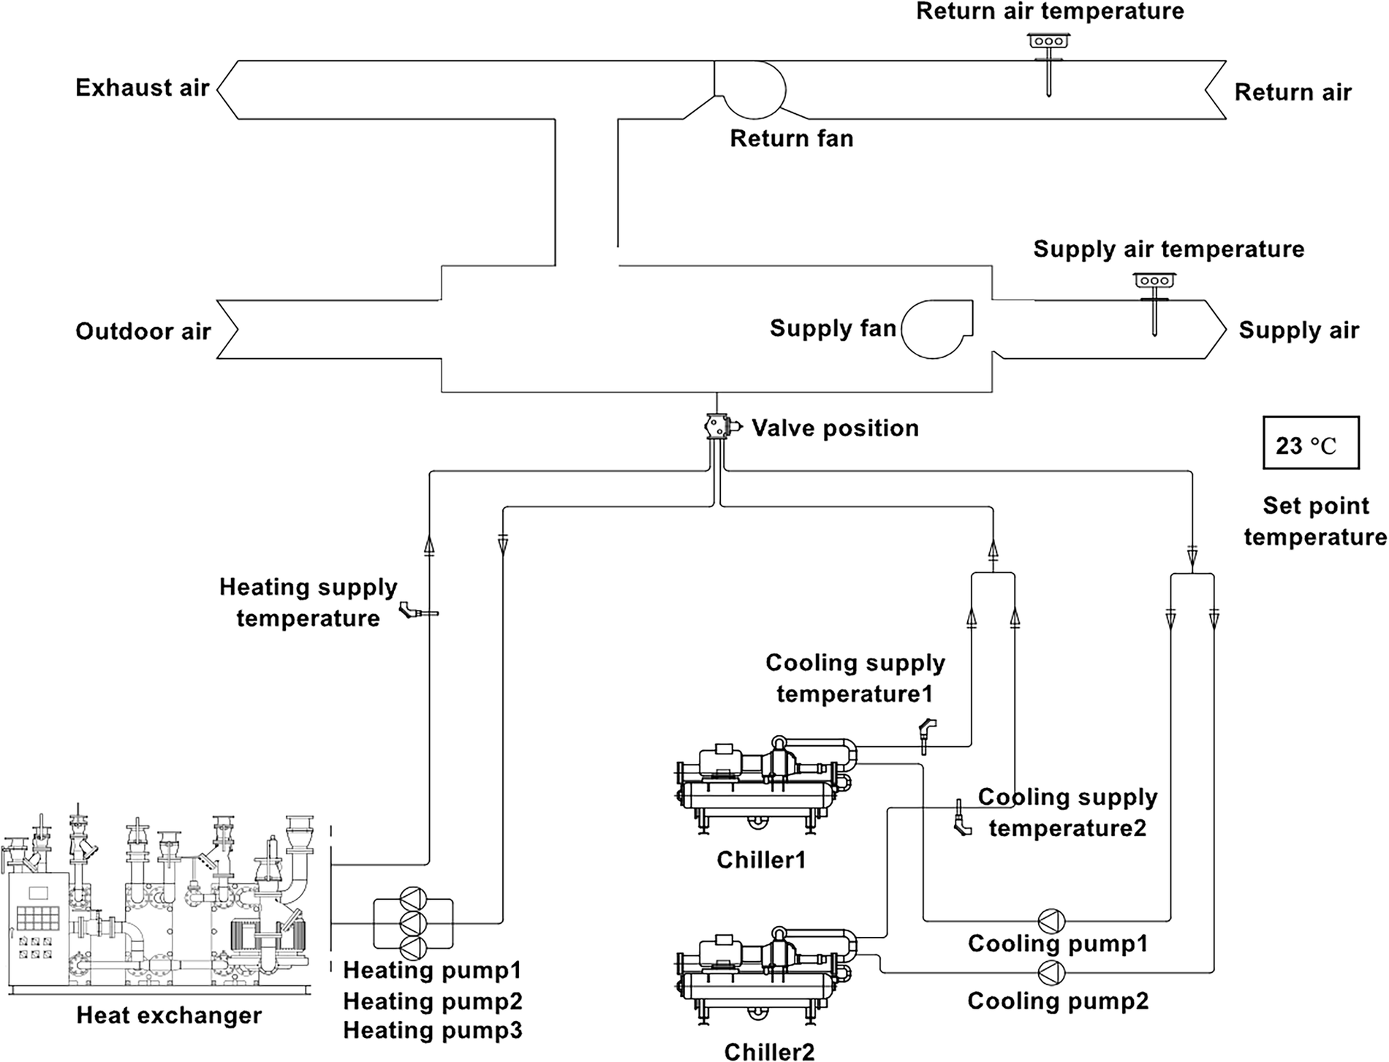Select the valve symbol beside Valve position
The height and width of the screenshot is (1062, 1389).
(716, 426)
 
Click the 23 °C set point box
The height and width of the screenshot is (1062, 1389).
(1310, 443)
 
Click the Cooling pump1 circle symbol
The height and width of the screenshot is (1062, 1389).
(1051, 920)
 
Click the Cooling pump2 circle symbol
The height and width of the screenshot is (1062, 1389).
(1051, 972)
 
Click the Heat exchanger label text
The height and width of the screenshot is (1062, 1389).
(169, 1015)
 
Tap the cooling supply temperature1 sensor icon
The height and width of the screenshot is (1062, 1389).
(926, 735)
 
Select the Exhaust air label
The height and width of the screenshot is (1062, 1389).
(143, 88)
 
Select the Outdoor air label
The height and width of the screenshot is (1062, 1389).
(143, 332)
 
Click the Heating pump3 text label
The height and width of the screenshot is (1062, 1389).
(433, 1031)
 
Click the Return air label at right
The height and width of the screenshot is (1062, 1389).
(1293, 93)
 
